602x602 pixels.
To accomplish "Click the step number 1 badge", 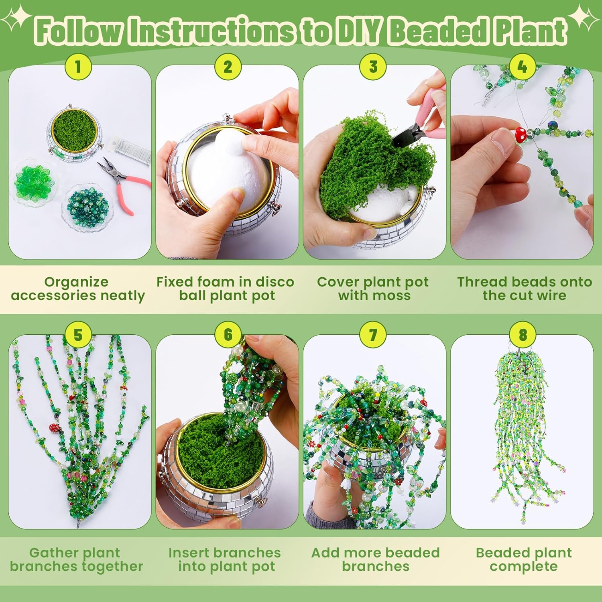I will (78, 67).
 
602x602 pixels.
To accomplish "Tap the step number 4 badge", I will (522, 67).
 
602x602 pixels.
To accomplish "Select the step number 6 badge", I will (228, 334).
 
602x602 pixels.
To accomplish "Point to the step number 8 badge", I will (523, 334).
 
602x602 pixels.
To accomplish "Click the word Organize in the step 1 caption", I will (76, 282).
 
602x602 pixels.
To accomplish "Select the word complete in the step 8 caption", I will (523, 566).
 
